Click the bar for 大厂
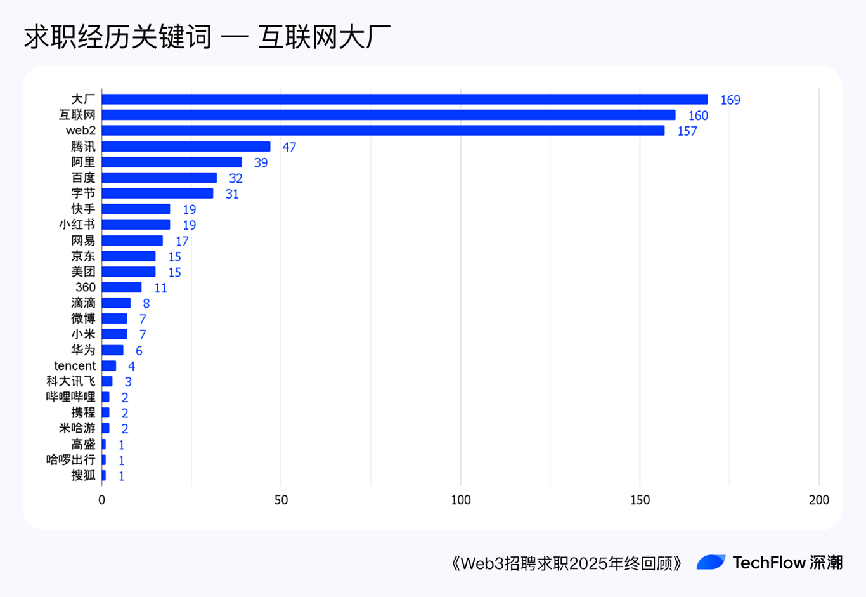(404, 100)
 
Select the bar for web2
(383, 131)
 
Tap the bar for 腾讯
(186, 147)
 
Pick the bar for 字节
(157, 194)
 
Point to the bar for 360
(122, 287)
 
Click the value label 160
(698, 115)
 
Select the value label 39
(261, 163)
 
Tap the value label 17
(182, 241)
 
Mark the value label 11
(160, 288)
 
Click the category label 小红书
(77, 225)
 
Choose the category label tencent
(75, 365)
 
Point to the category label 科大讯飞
(70, 381)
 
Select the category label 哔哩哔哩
(70, 397)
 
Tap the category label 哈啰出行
(70, 460)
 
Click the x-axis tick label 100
(461, 500)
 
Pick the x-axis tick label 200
(818, 500)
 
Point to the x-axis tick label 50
(281, 500)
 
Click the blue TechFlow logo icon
(711, 562)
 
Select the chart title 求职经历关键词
(118, 37)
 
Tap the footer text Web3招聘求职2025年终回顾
(567, 563)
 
